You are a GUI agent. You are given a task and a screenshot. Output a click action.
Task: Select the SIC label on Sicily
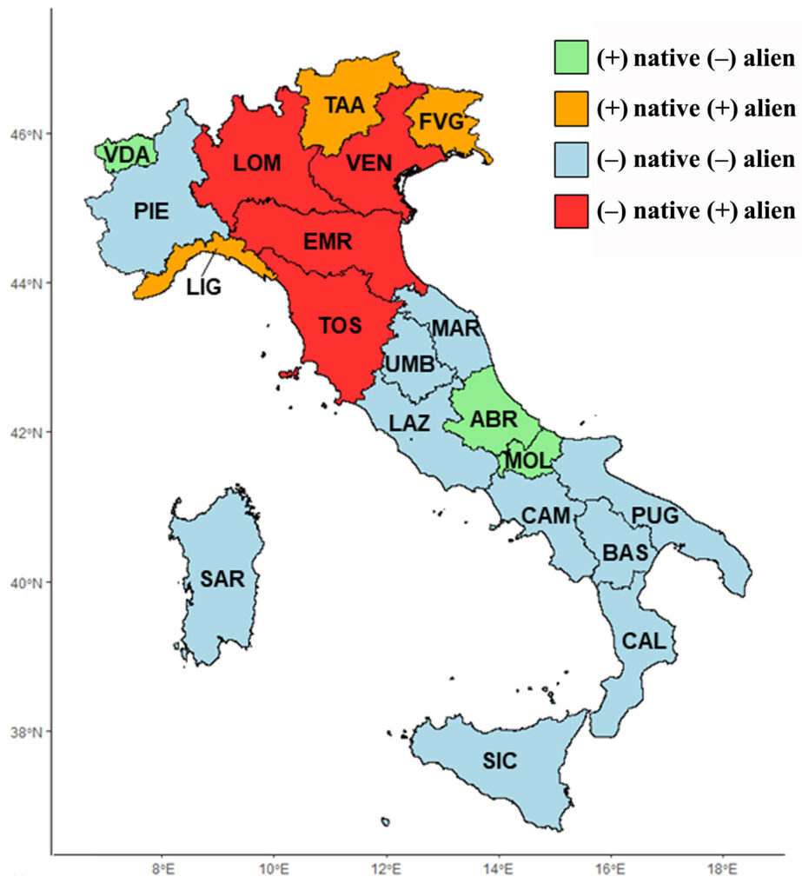[499, 762]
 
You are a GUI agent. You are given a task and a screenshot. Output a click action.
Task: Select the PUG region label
[654, 515]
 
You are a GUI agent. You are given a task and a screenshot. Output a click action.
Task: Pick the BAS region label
[624, 552]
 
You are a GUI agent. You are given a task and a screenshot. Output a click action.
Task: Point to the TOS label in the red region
[338, 325]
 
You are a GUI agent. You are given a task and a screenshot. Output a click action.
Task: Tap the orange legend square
[571, 109]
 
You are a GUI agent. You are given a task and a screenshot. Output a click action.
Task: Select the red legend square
[571, 211]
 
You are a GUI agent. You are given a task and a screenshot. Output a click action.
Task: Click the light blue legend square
[571, 160]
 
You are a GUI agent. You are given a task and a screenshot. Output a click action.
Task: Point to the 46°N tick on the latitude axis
[52, 134]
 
